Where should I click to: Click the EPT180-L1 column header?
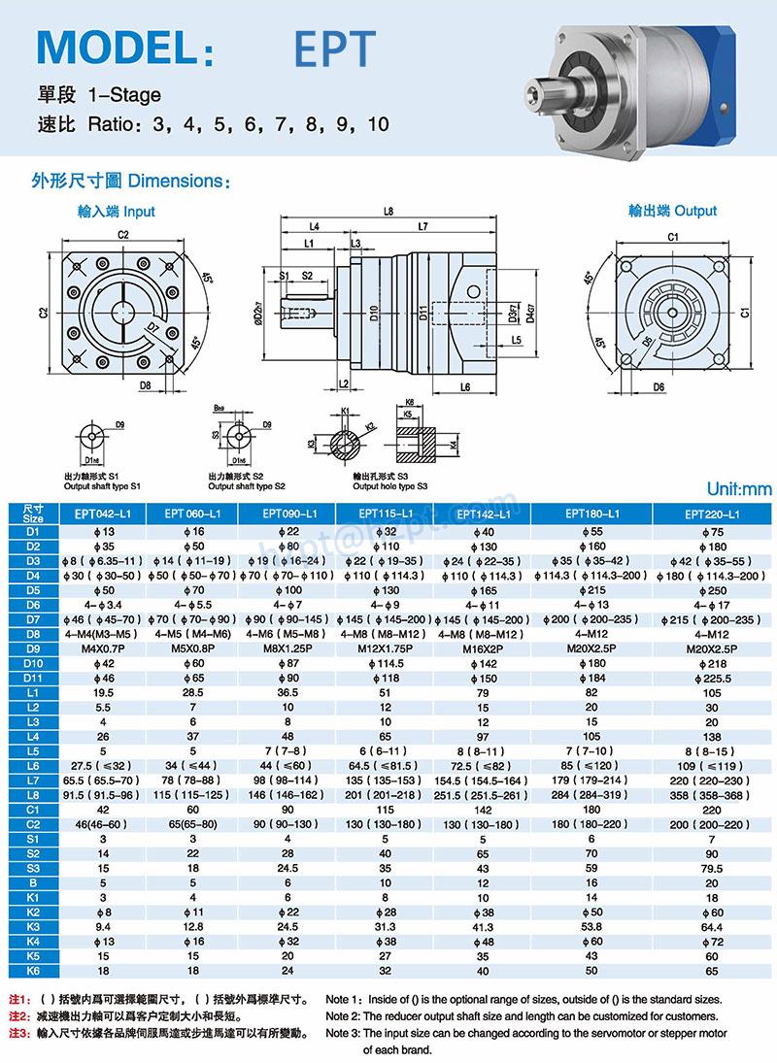(x=591, y=514)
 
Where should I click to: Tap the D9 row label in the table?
(x=33, y=648)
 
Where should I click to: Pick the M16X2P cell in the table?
(x=483, y=648)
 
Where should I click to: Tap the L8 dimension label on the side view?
(x=388, y=211)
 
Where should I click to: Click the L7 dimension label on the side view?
(x=423, y=227)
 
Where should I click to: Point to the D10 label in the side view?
(x=374, y=314)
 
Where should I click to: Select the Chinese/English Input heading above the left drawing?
(x=116, y=211)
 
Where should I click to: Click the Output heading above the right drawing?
(x=671, y=211)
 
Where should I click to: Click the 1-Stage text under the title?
(x=123, y=95)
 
